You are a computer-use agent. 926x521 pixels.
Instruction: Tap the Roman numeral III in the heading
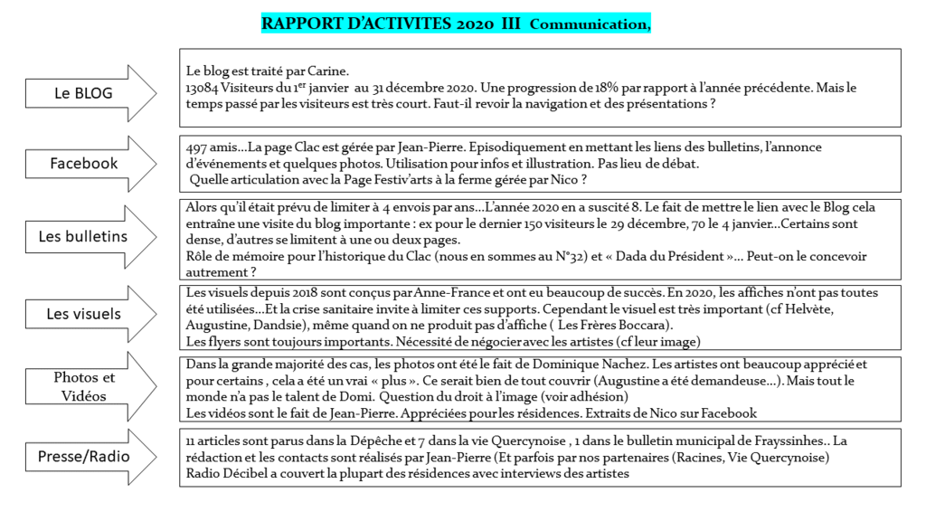click(x=511, y=24)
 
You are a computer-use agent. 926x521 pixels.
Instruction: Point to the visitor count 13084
click(x=203, y=88)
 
